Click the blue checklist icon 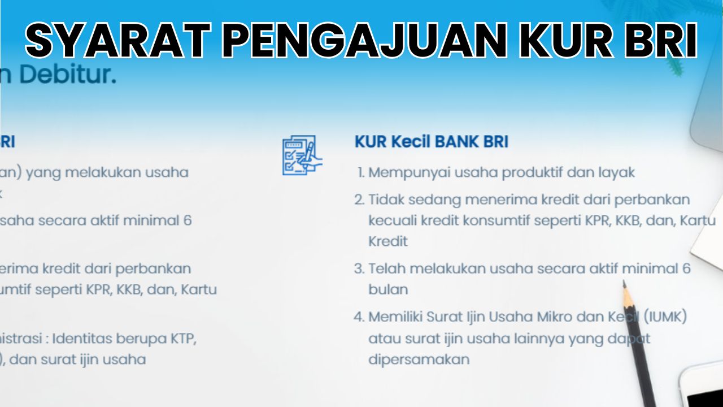click(x=302, y=155)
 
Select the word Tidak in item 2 click(x=386, y=200)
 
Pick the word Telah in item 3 click(x=386, y=269)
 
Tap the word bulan click(x=388, y=289)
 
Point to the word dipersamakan click(x=419, y=360)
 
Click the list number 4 click(x=359, y=317)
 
